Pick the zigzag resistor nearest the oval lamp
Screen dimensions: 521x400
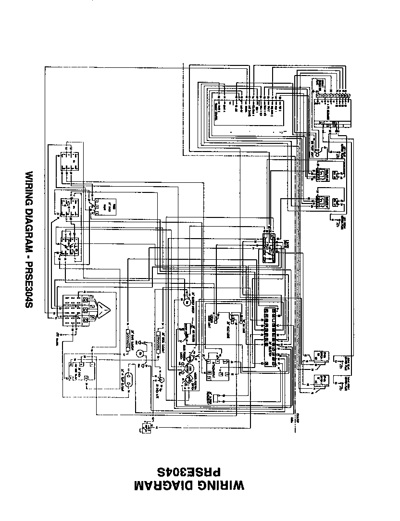128,342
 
